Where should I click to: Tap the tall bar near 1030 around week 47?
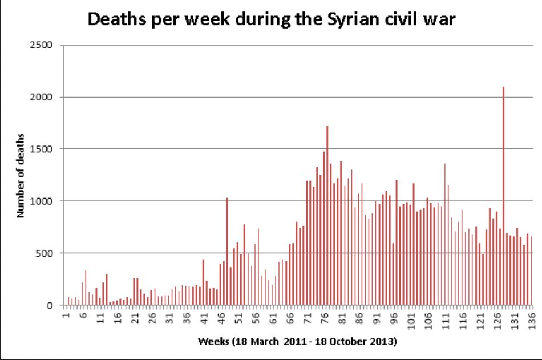point(227,251)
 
